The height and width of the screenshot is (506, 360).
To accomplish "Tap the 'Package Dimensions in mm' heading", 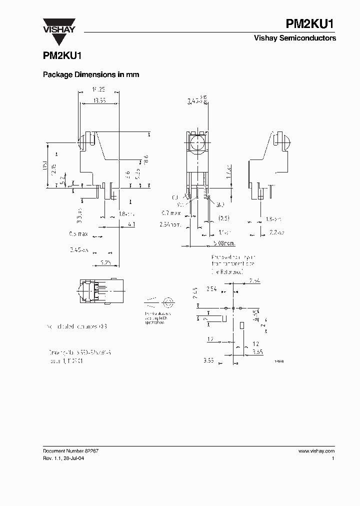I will click(91, 74).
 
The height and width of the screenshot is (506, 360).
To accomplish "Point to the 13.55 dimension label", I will click(98, 100).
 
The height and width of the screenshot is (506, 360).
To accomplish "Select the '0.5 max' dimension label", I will click(79, 233).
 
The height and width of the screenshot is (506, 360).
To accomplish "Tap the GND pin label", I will click(220, 204).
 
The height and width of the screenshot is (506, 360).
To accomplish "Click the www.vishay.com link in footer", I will click(316, 451).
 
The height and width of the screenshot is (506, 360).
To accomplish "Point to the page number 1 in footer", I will click(333, 458).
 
